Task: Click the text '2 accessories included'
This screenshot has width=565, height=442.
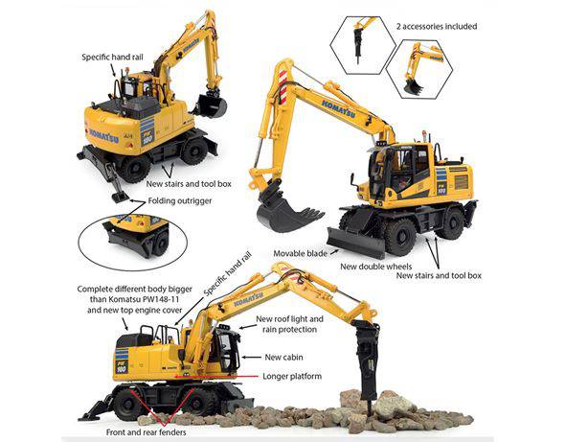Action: (x=429, y=26)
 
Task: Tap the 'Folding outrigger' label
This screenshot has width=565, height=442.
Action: (x=179, y=201)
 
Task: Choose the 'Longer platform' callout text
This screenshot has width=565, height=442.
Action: (x=292, y=375)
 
